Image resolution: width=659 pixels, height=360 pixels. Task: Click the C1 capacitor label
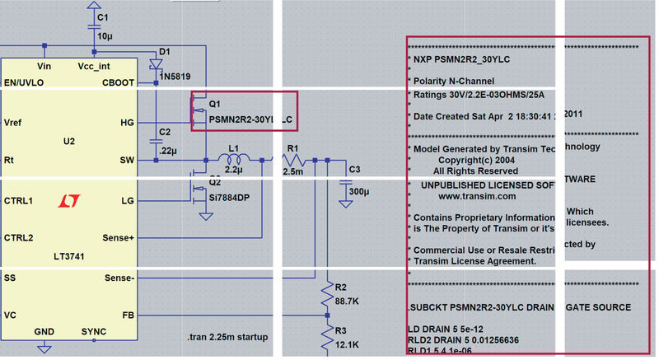point(102,17)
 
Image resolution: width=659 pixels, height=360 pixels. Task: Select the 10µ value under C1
point(105,36)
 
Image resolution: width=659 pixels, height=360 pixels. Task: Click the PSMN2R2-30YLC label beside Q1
point(250,120)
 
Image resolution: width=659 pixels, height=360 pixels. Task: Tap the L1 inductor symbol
point(234,159)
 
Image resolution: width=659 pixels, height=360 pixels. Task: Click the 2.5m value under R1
point(292,171)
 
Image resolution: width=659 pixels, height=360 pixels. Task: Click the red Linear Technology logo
point(68,200)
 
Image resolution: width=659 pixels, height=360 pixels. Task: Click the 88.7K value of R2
point(347,302)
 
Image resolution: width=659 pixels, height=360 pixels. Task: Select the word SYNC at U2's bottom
point(94,332)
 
